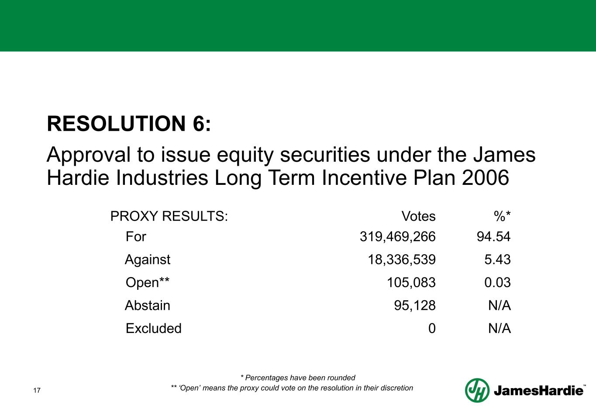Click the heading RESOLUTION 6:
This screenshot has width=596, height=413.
pos(129,124)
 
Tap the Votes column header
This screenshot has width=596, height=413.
pos(419,216)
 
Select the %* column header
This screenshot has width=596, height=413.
pos(502,216)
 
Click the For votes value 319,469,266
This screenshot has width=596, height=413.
pos(398,236)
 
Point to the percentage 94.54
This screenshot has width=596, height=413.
pos(493,236)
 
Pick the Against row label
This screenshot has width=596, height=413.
pos(148,260)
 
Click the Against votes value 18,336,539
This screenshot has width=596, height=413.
pos(402,259)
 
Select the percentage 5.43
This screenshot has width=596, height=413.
pos(498,259)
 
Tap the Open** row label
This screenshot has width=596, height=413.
pos(148,282)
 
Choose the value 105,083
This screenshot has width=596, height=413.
pos(411,282)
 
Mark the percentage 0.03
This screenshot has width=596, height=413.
pos(498,282)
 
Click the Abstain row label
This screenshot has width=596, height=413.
pos(148,305)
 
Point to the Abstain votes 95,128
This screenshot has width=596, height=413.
pos(415,305)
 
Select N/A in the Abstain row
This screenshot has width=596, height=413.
pos(500,305)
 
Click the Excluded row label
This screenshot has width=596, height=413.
pos(154,328)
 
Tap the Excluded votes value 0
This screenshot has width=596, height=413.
pos(432,328)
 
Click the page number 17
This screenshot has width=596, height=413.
pos(37,390)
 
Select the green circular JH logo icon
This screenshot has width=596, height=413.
pos(477,390)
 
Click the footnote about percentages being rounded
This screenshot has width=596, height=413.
pos(298,378)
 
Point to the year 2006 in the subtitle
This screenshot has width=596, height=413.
pos(486,177)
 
